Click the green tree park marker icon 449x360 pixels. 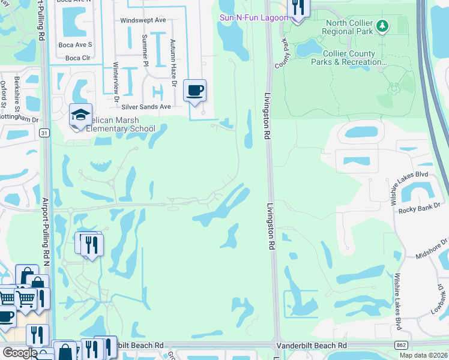pos(382,26)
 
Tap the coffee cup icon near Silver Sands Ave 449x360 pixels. pos(195,91)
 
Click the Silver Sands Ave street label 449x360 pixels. pos(146,107)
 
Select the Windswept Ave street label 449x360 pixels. pos(143,20)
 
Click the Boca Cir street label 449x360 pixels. pos(77,58)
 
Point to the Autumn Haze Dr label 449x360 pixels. pos(173,54)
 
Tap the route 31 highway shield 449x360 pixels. pos(45,133)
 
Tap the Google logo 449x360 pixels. pos(20,353)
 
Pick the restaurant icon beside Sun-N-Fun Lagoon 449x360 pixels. pos(298,8)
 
